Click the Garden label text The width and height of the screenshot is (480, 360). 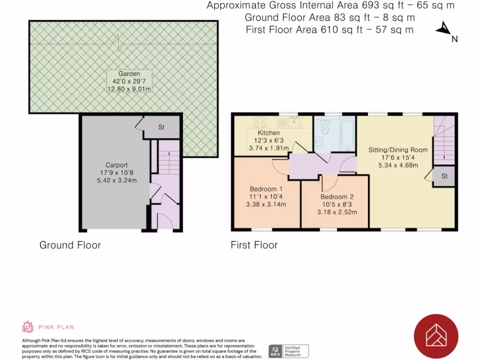[129, 74]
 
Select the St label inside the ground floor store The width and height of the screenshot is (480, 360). [161, 127]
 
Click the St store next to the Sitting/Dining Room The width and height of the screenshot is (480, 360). [444, 177]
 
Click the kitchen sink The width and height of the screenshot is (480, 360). [294, 122]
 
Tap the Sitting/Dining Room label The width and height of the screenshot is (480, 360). [398, 150]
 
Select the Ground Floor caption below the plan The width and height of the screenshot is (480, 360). [70, 245]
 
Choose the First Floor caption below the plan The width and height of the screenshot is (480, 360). [254, 245]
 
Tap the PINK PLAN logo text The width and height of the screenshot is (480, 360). [56, 327]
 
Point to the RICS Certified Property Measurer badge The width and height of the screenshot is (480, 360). [288, 351]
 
